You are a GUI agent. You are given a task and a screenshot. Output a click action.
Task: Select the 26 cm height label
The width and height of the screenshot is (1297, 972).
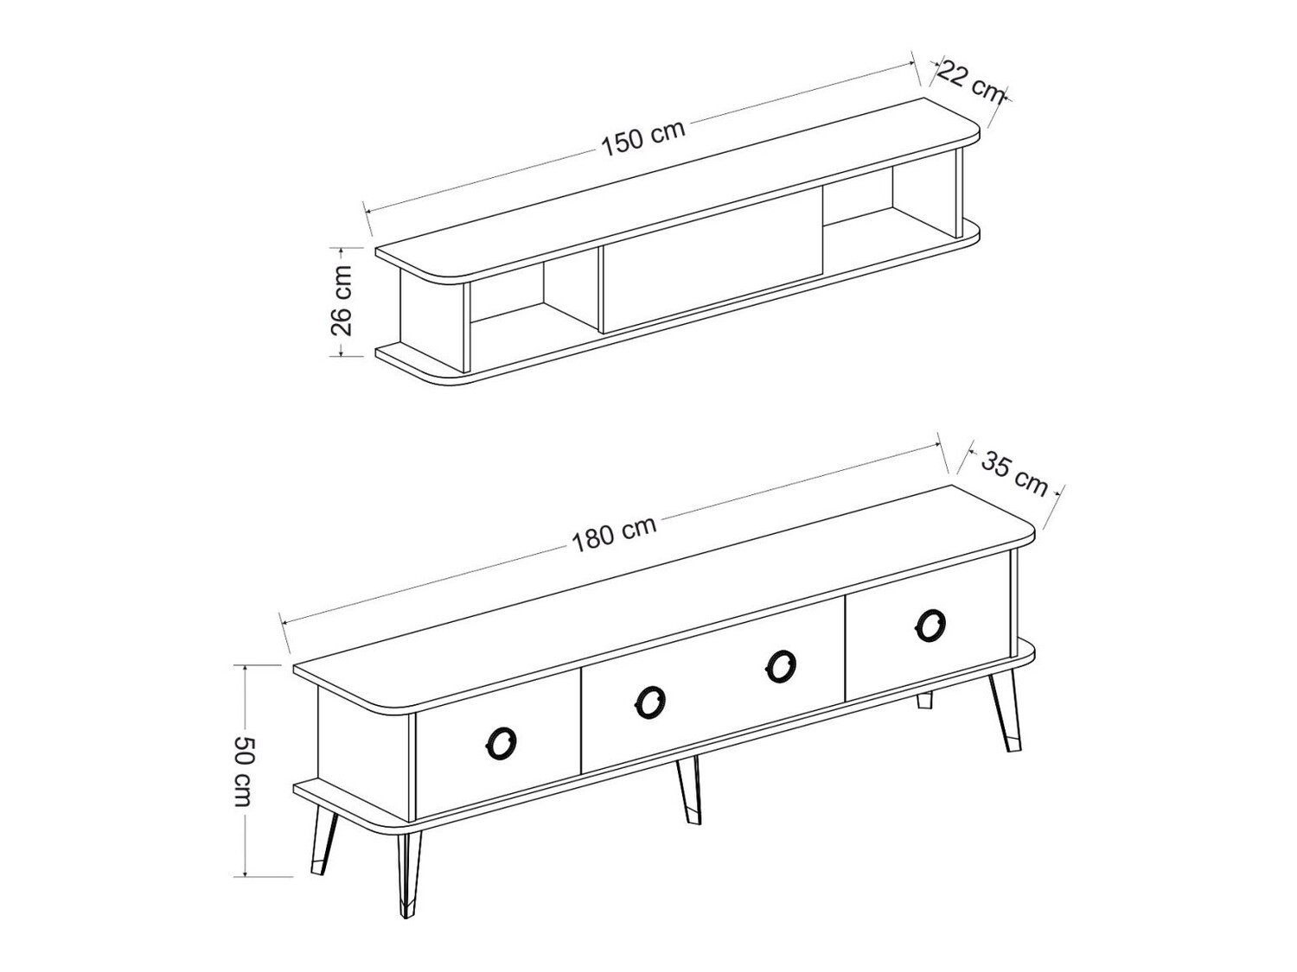(x=342, y=299)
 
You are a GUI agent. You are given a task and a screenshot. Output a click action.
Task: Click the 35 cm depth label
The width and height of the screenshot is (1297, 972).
(x=1014, y=474)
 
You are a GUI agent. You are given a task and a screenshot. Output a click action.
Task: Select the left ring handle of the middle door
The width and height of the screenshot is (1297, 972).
(x=649, y=702)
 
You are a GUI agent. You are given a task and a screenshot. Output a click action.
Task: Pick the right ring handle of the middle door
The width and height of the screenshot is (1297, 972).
(x=781, y=665)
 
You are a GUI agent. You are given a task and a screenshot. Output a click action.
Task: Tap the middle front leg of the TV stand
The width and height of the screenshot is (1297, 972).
(x=689, y=789)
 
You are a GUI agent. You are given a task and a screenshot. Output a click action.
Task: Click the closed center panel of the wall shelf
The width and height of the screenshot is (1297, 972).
(x=711, y=270)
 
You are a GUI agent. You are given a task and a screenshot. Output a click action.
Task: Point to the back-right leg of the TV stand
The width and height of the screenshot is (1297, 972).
(x=925, y=700)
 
